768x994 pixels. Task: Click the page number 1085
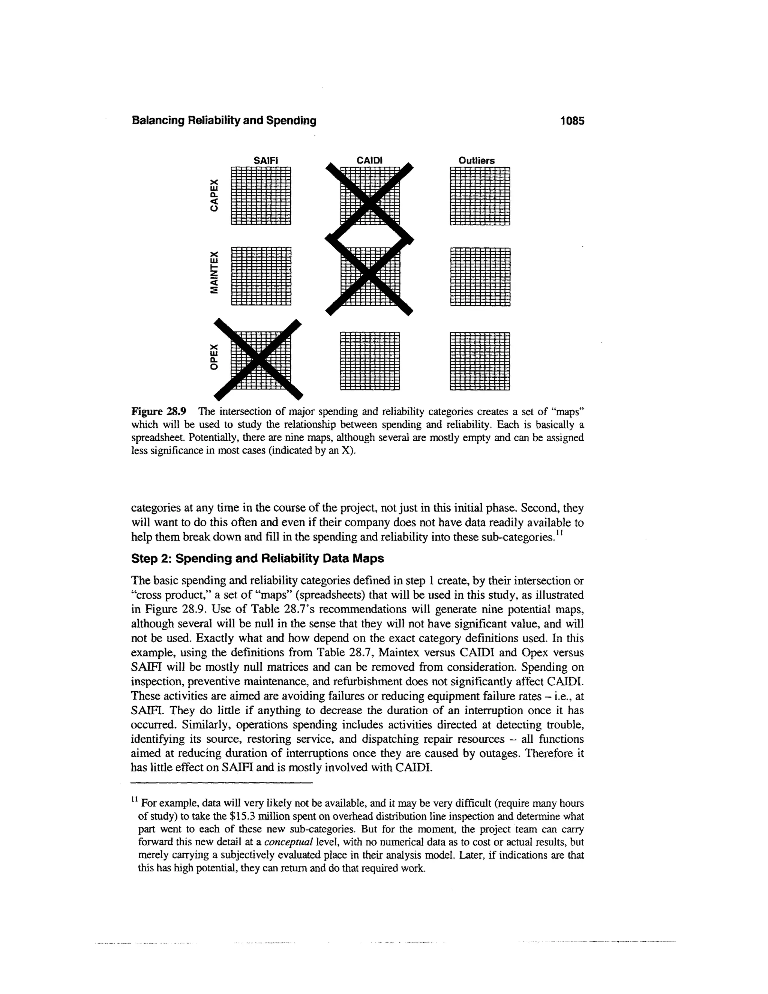572,121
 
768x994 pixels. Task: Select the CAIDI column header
369,161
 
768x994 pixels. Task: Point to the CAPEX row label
214,195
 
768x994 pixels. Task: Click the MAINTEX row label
214,272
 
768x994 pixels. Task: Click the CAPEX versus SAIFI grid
261,196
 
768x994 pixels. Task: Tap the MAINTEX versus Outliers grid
480,276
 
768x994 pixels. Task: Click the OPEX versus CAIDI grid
369,361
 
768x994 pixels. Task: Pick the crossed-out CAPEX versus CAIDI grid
369,197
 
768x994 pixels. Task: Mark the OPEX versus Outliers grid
480,361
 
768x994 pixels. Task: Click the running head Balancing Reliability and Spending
224,121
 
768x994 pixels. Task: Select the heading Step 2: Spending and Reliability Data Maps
258,559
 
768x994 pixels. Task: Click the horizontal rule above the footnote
222,783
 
